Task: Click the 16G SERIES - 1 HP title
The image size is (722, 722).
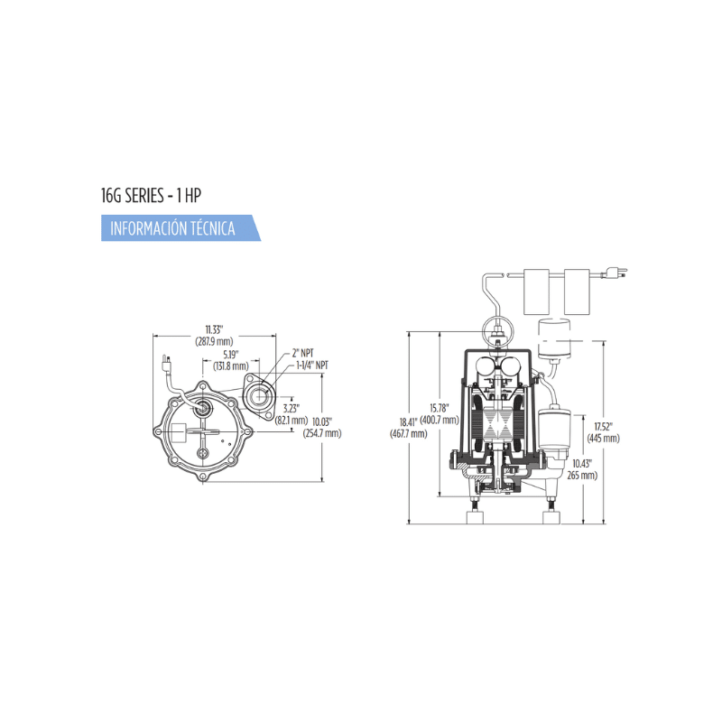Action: click(151, 196)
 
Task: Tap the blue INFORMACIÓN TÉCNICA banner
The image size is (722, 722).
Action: click(180, 228)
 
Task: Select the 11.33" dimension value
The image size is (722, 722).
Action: click(214, 329)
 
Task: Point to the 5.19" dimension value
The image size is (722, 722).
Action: click(231, 355)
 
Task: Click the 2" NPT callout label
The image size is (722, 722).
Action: click(303, 353)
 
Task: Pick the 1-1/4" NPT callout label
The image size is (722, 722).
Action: click(312, 366)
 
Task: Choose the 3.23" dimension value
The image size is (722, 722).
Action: click(292, 409)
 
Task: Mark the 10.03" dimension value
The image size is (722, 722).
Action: click(322, 421)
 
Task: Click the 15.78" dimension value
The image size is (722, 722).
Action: click(440, 408)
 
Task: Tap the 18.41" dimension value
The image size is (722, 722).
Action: click(409, 421)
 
